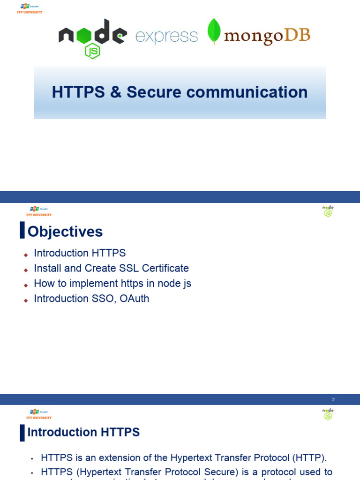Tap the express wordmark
(x=166, y=37)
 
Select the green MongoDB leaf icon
(x=214, y=31)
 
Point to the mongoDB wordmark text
(x=267, y=36)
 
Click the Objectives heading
(x=65, y=232)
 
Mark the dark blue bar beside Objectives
(x=22, y=231)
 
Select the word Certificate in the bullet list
(x=165, y=268)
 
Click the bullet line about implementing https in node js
(x=112, y=283)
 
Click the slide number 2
(x=333, y=400)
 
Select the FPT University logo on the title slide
(x=29, y=9)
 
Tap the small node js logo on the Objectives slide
(x=328, y=211)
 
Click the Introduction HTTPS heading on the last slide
(x=83, y=432)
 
